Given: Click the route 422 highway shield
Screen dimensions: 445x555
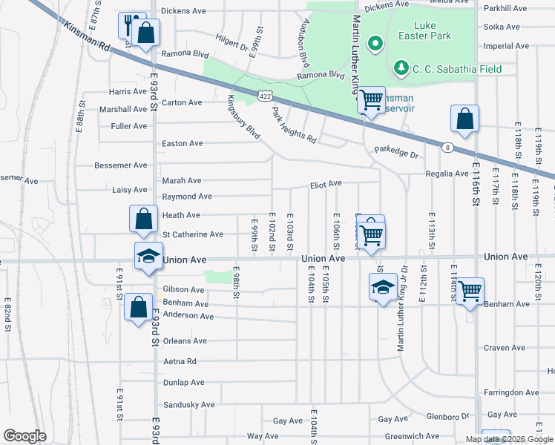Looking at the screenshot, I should coord(264,95).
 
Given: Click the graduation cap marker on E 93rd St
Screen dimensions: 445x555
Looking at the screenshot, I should coord(148,256).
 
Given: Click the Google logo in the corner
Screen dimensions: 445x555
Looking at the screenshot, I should coord(24,436).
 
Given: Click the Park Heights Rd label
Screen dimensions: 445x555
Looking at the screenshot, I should coord(294,125).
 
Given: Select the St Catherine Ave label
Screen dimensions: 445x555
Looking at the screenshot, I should coord(192,234).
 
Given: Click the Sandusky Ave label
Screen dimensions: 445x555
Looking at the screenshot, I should coord(188,405).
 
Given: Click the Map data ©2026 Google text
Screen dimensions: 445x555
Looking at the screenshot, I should coord(509,439).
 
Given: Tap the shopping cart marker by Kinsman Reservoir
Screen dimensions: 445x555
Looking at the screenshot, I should coord(371,99).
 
